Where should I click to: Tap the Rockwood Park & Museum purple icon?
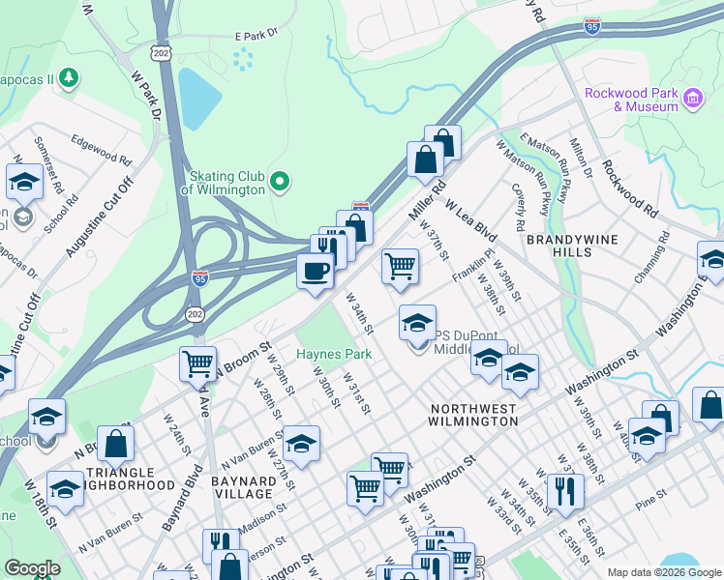(x=692, y=99)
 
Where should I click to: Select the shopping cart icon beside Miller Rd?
(x=400, y=265)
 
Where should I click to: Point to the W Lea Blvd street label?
(x=471, y=220)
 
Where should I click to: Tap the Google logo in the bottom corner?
(x=32, y=568)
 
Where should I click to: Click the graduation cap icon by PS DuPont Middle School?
(x=418, y=322)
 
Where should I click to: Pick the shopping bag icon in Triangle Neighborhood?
(x=115, y=443)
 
